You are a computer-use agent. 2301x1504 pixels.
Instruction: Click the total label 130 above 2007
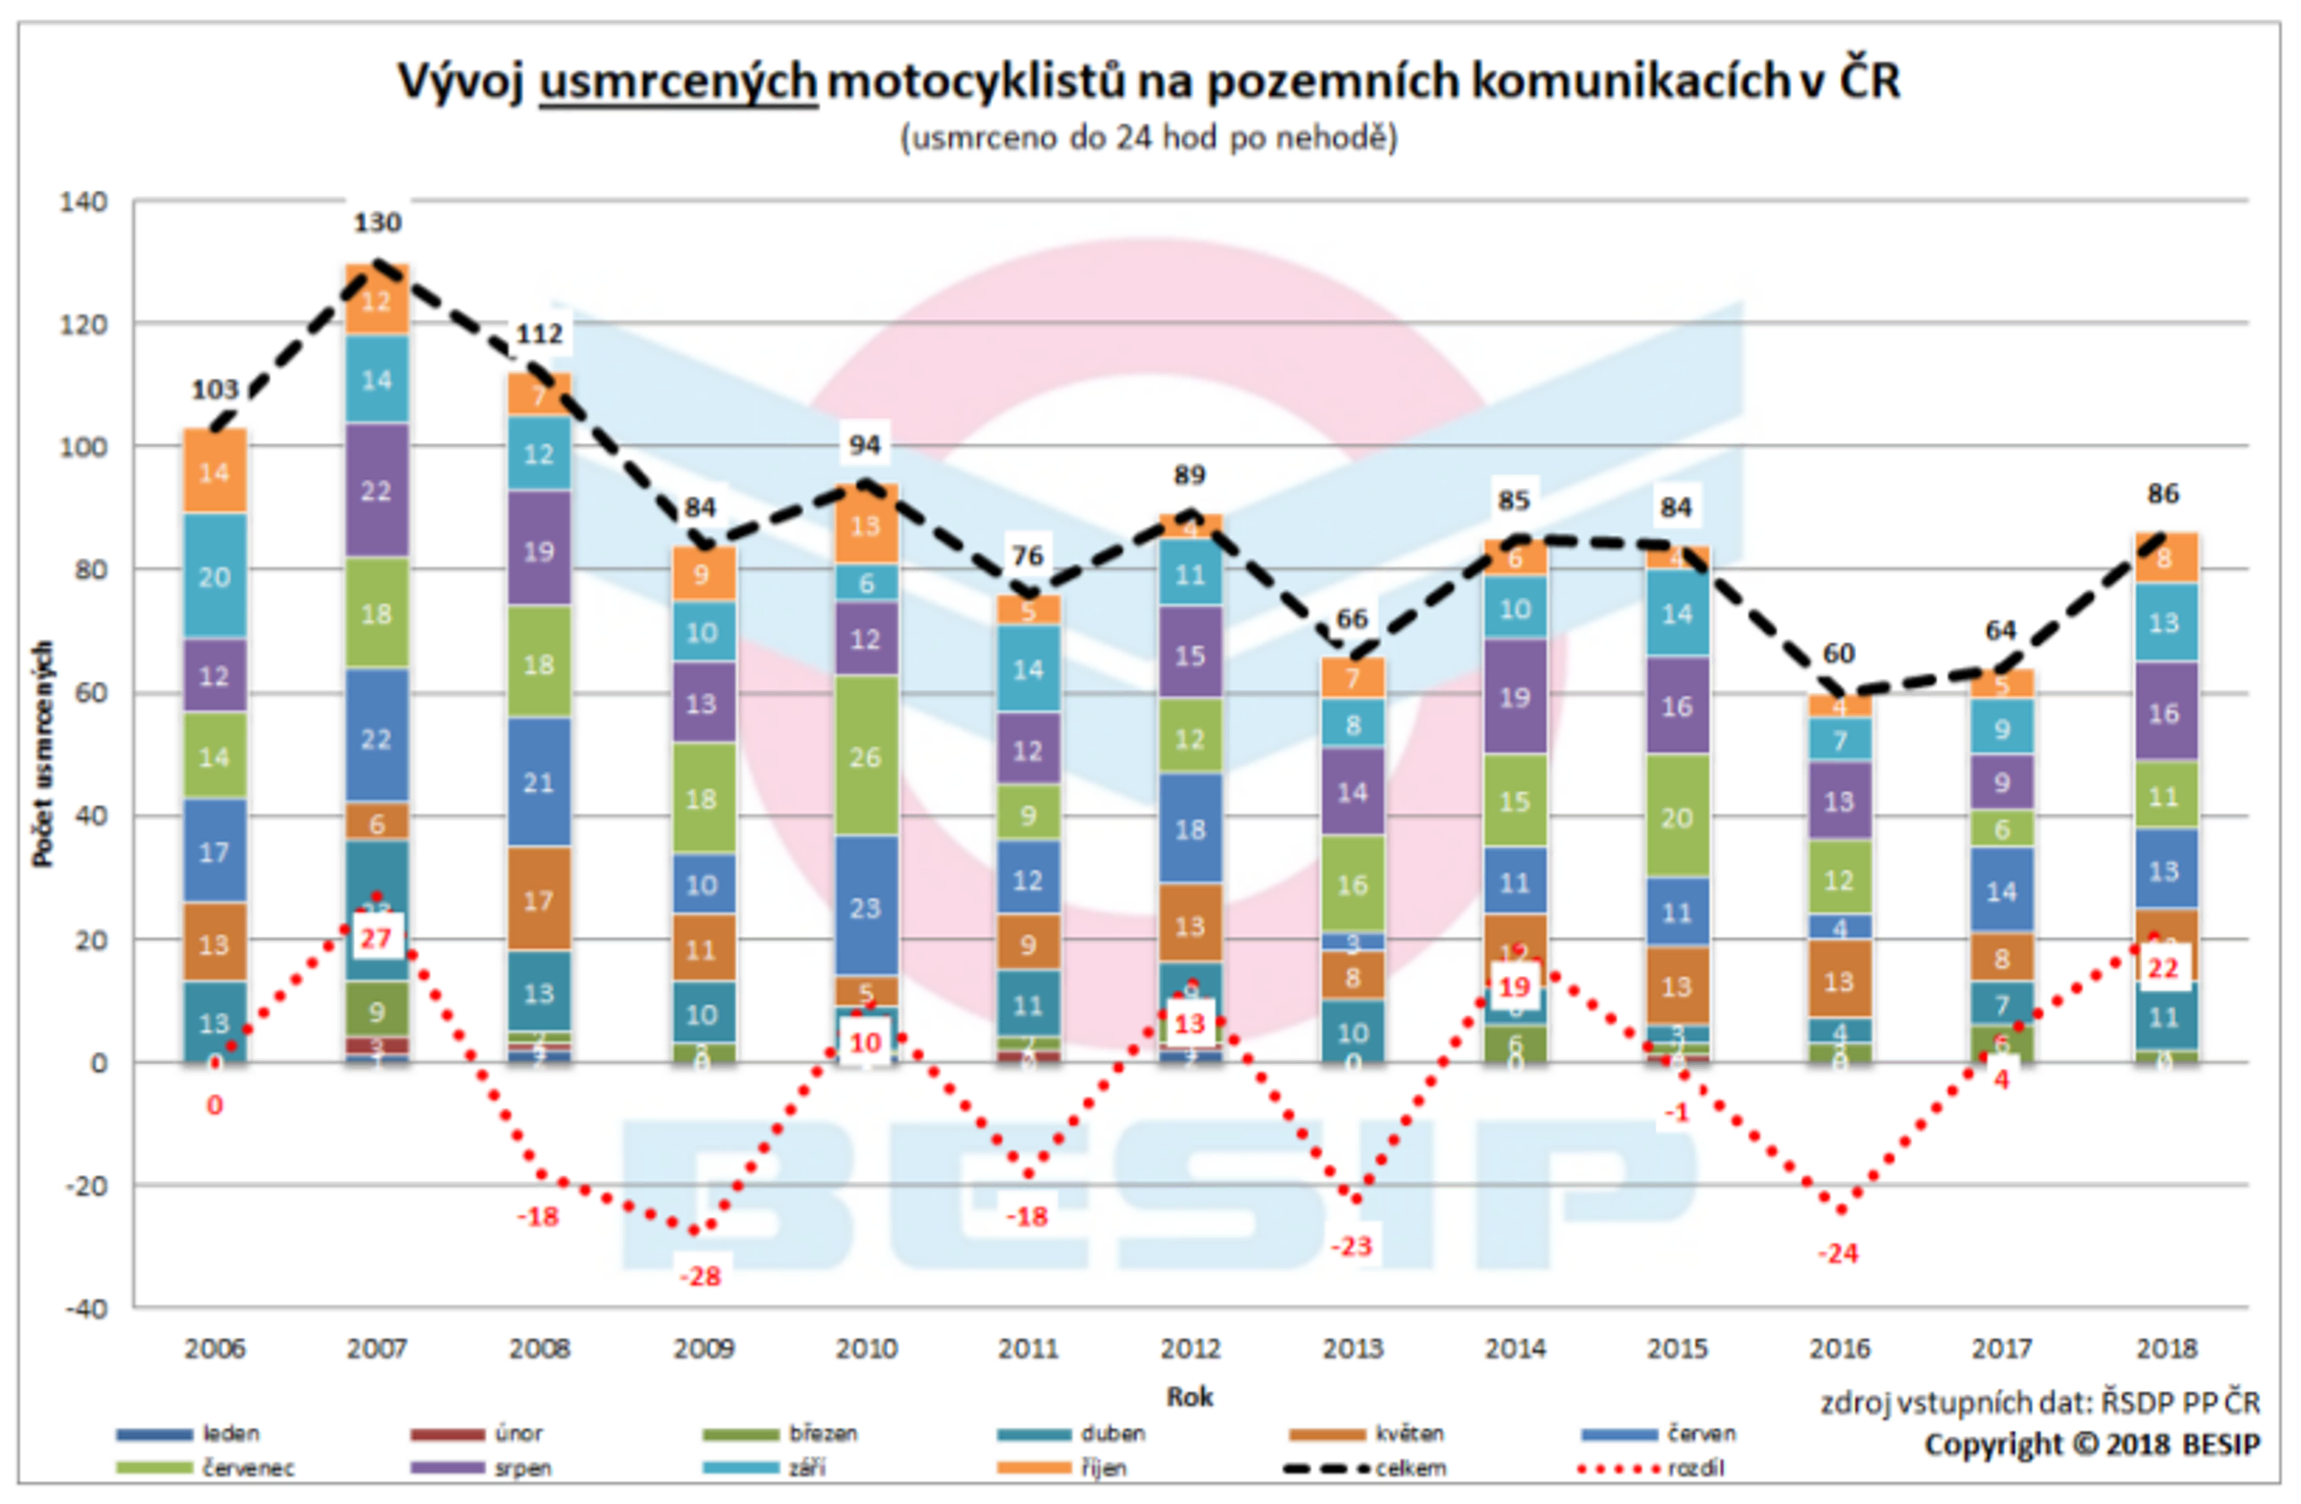point(376,222)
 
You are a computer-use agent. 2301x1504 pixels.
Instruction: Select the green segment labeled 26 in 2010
point(866,756)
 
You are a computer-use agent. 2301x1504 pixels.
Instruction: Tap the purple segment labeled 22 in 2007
point(376,490)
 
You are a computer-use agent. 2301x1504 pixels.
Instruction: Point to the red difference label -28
point(700,1276)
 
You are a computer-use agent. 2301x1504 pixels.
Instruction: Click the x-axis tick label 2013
point(1352,1348)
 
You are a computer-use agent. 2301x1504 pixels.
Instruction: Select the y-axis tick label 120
point(83,324)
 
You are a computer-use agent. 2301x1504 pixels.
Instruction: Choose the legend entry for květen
point(1368,1433)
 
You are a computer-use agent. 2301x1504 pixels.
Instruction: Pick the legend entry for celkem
point(1367,1469)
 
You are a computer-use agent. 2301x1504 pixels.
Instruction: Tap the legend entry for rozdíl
point(1653,1469)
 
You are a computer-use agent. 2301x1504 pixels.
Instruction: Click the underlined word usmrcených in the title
point(678,81)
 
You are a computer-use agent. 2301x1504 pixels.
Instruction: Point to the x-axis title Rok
point(1189,1396)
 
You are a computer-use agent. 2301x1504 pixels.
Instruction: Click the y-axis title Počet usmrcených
point(42,754)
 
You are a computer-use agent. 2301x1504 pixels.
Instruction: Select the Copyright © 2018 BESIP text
point(2091,1445)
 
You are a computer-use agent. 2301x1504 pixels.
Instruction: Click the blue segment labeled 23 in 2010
point(866,908)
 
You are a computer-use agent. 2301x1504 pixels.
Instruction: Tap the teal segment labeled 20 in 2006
point(214,576)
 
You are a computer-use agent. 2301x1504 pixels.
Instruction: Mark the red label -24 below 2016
point(1837,1254)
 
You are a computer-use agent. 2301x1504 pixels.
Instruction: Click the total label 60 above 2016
point(1838,654)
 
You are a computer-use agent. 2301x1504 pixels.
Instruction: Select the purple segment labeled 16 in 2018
point(2163,713)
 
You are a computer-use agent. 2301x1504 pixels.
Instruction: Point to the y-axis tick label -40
point(85,1307)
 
